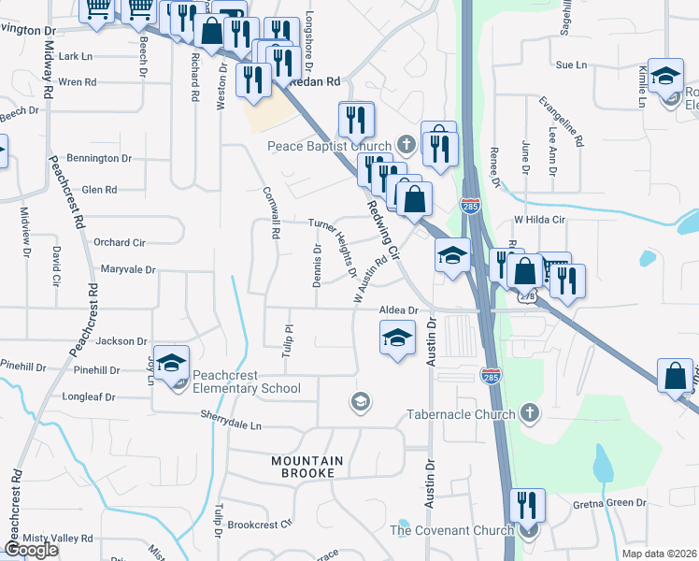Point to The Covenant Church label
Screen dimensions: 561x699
[451, 531]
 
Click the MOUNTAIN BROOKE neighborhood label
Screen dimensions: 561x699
[307, 467]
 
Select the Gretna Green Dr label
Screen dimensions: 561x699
[608, 503]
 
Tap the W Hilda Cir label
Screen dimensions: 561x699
[540, 220]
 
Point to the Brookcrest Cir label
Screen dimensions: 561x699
[260, 525]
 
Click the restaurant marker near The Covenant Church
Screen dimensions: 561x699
[527, 508]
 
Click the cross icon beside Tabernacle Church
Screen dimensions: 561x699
[530, 412]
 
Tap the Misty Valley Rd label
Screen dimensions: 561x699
[58, 539]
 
